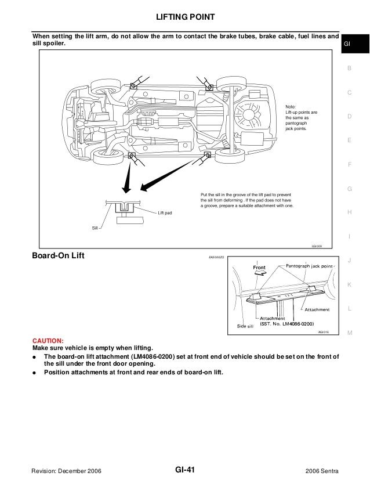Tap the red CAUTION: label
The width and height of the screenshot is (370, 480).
[x=48, y=340]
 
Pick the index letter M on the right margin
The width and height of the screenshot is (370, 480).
[x=350, y=333]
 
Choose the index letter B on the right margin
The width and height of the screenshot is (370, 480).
[x=349, y=68]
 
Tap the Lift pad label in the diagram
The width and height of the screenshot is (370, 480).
[x=165, y=213]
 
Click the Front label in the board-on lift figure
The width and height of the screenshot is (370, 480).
[x=259, y=268]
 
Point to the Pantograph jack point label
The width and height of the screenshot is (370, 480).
[x=310, y=265]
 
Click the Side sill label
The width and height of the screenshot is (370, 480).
[x=246, y=327]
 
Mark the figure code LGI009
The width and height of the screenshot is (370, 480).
[x=316, y=246]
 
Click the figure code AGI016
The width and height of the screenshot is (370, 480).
[x=324, y=332]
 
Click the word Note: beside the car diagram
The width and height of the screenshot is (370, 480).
[x=291, y=106]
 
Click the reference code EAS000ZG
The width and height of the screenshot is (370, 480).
[x=217, y=256]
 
